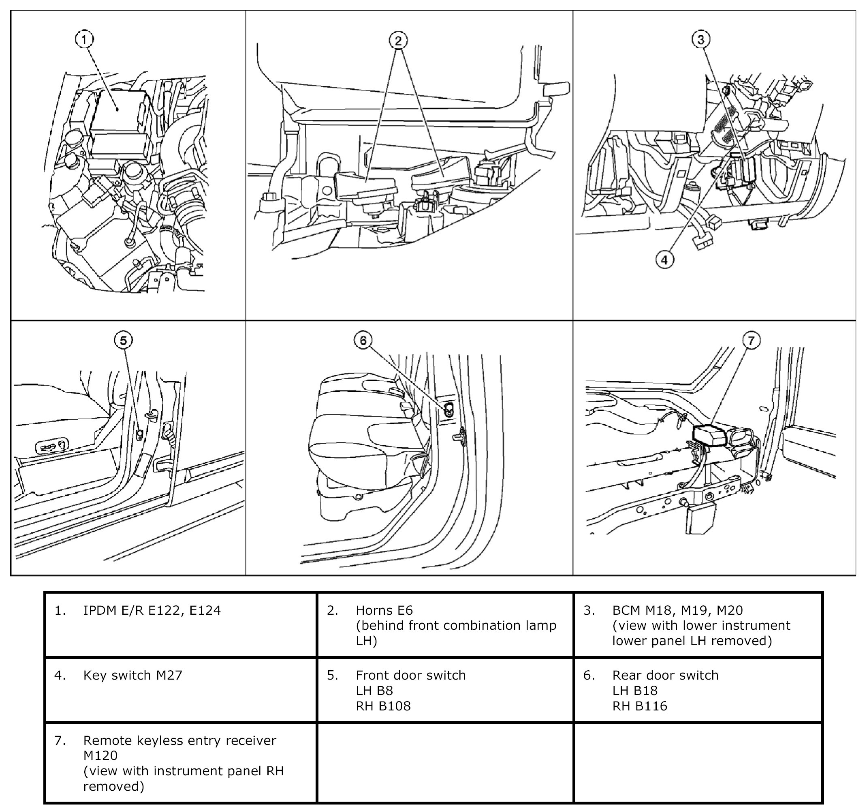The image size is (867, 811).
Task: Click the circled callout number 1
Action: point(84,40)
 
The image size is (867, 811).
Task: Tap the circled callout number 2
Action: point(398,41)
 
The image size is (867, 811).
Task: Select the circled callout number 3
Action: point(700,40)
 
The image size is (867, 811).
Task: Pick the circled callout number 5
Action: point(124,340)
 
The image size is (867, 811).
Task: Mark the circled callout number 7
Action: point(751,340)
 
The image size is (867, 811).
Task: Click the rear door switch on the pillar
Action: point(448,409)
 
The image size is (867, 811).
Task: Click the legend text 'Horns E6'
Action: point(384,610)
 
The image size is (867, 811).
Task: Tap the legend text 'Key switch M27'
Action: point(132,675)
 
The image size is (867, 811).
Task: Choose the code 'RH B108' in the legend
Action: point(383,706)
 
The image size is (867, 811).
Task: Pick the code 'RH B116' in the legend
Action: point(639,706)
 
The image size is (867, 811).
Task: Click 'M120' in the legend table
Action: point(100,755)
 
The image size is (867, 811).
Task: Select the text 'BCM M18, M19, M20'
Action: point(677,610)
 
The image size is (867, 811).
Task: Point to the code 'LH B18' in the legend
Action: point(634,691)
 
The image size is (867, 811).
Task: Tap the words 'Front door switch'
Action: point(410,675)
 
